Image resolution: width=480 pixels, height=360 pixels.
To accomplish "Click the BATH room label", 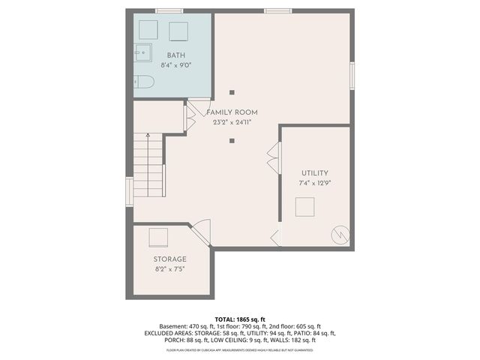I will click(175, 55).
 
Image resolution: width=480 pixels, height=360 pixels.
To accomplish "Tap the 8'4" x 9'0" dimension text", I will click(175, 64).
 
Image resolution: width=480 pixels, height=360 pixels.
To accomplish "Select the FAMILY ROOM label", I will click(232, 112).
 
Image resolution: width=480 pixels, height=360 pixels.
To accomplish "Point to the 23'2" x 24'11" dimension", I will click(232, 121).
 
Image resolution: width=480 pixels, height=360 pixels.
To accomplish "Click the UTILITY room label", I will click(315, 173).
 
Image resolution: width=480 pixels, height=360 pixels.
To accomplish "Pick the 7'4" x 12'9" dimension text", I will click(315, 182).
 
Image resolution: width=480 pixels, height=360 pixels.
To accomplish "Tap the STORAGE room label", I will click(170, 259).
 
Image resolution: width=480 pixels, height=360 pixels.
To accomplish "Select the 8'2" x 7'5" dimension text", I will click(170, 268).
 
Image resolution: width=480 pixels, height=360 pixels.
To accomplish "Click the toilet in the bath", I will click(144, 81).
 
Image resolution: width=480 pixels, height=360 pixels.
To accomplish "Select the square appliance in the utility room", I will click(305, 207).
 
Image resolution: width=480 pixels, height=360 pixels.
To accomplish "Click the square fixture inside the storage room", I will click(159, 238).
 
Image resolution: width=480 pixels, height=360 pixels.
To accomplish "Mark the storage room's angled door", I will click(201, 232).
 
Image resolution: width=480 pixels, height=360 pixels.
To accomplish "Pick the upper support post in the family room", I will click(232, 92).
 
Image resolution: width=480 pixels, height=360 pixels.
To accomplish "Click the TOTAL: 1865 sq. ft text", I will click(239, 319).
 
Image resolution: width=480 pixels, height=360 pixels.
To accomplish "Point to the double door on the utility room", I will click(271, 158).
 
